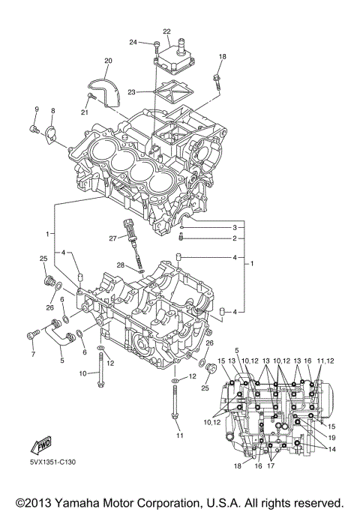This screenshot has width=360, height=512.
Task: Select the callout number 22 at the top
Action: point(166,31)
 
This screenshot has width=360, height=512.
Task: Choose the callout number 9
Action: point(35,111)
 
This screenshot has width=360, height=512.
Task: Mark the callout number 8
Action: point(52,111)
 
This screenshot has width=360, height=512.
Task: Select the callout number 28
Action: point(120,265)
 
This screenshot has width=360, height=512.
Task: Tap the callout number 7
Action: point(32,354)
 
